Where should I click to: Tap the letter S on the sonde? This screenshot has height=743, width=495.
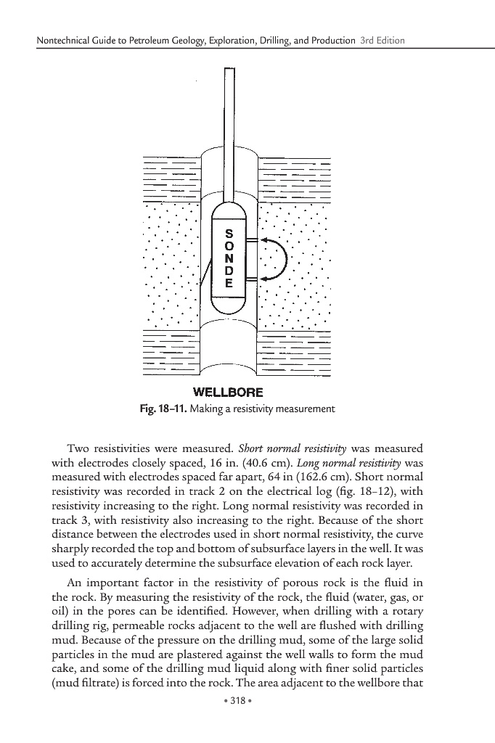[x=229, y=233]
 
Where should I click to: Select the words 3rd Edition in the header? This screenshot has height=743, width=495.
[x=382, y=40]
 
